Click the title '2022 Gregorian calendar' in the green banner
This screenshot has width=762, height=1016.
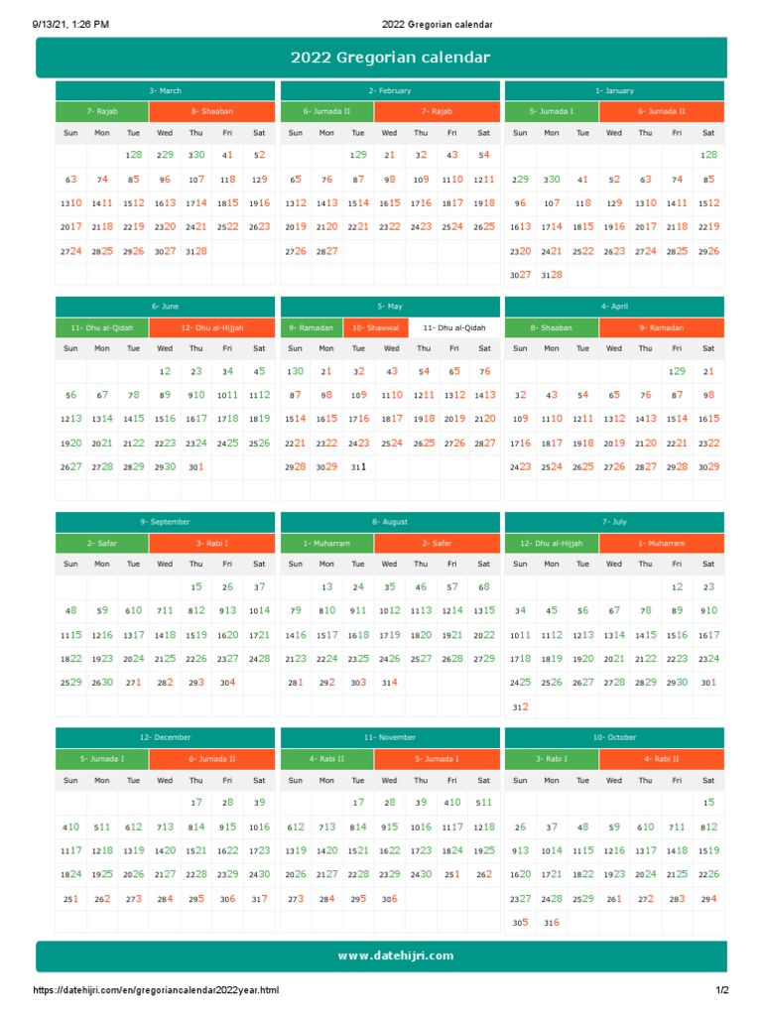pyautogui.click(x=390, y=58)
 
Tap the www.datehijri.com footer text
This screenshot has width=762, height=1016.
pyautogui.click(x=395, y=955)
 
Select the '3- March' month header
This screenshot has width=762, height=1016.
pyautogui.click(x=165, y=90)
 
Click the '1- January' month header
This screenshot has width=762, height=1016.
pyautogui.click(x=614, y=90)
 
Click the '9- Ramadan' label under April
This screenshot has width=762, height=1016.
pyautogui.click(x=661, y=326)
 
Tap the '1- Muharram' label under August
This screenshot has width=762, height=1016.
pyautogui.click(x=327, y=543)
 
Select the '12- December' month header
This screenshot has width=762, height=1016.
pyautogui.click(x=165, y=737)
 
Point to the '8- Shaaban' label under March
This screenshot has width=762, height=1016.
pyautogui.click(x=211, y=111)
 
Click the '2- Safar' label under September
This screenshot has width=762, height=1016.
pyautogui.click(x=102, y=543)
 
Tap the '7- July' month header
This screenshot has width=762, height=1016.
pyautogui.click(x=614, y=521)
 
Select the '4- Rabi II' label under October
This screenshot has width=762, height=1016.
pyautogui.click(x=661, y=759)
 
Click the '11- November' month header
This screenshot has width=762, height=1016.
pyautogui.click(x=390, y=737)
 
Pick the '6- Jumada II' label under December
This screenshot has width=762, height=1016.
pyautogui.click(x=211, y=759)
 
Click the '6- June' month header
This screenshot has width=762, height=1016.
pyautogui.click(x=165, y=307)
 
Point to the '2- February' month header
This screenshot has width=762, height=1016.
pyautogui.click(x=390, y=90)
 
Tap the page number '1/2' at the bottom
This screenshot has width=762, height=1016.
pyautogui.click(x=722, y=990)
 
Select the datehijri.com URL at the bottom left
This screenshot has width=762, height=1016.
pyautogui.click(x=156, y=990)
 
